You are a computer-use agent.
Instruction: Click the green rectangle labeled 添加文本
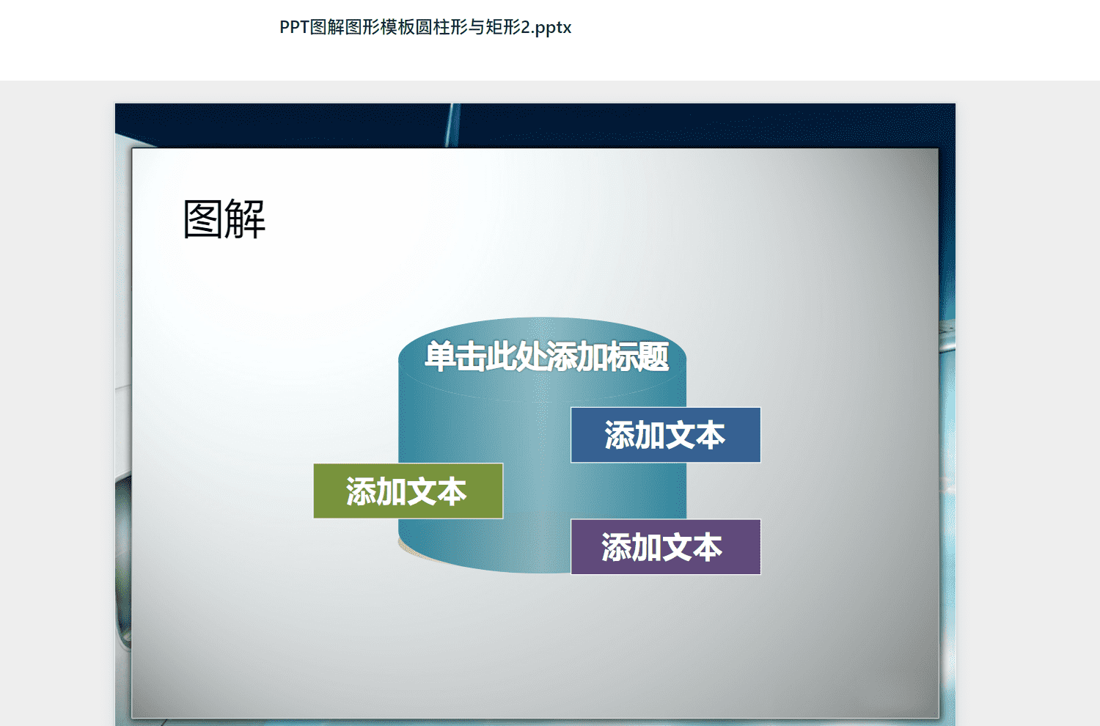(x=408, y=491)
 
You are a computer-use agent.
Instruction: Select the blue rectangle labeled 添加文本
(x=665, y=435)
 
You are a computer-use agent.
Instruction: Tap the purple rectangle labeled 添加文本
(x=665, y=547)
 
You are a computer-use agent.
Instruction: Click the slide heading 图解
(x=224, y=219)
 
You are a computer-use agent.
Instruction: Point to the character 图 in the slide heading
(x=203, y=219)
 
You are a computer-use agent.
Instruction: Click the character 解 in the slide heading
(x=245, y=219)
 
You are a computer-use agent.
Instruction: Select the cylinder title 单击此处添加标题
(x=546, y=356)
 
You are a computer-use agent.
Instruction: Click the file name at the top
(x=425, y=27)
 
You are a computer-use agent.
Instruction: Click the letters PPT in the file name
(x=294, y=27)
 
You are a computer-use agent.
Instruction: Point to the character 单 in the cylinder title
(x=440, y=356)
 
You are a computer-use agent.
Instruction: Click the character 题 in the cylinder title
(x=653, y=356)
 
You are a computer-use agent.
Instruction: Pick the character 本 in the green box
(x=452, y=491)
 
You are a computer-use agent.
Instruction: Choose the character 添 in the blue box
(x=620, y=435)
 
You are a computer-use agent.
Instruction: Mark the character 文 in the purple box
(x=677, y=547)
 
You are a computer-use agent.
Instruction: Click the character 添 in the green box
(x=362, y=491)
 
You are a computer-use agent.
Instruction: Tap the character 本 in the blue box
(x=710, y=435)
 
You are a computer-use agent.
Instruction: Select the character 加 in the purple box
(x=647, y=547)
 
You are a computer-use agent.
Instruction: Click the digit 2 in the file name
(x=526, y=27)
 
